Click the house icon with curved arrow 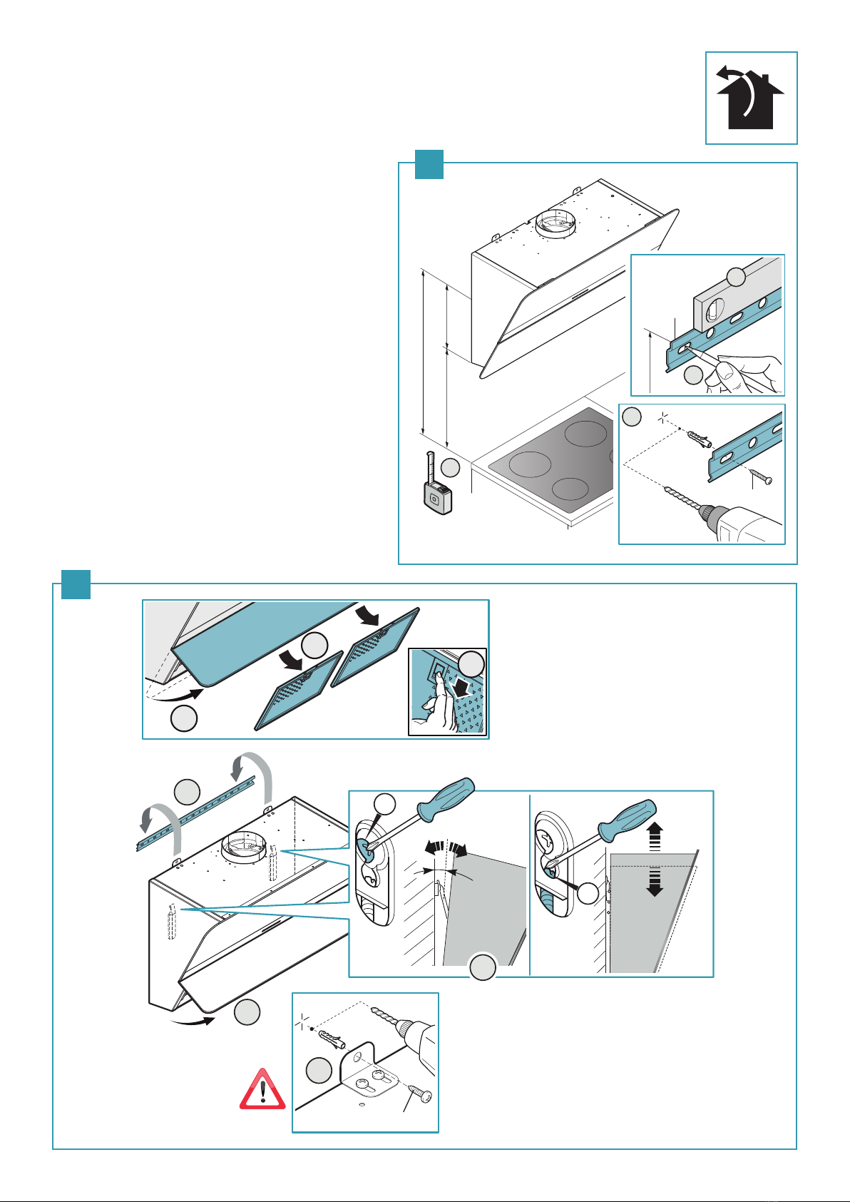pyautogui.click(x=751, y=98)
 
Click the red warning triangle pyautogui.click(x=262, y=1089)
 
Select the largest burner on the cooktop pyautogui.click(x=531, y=464)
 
